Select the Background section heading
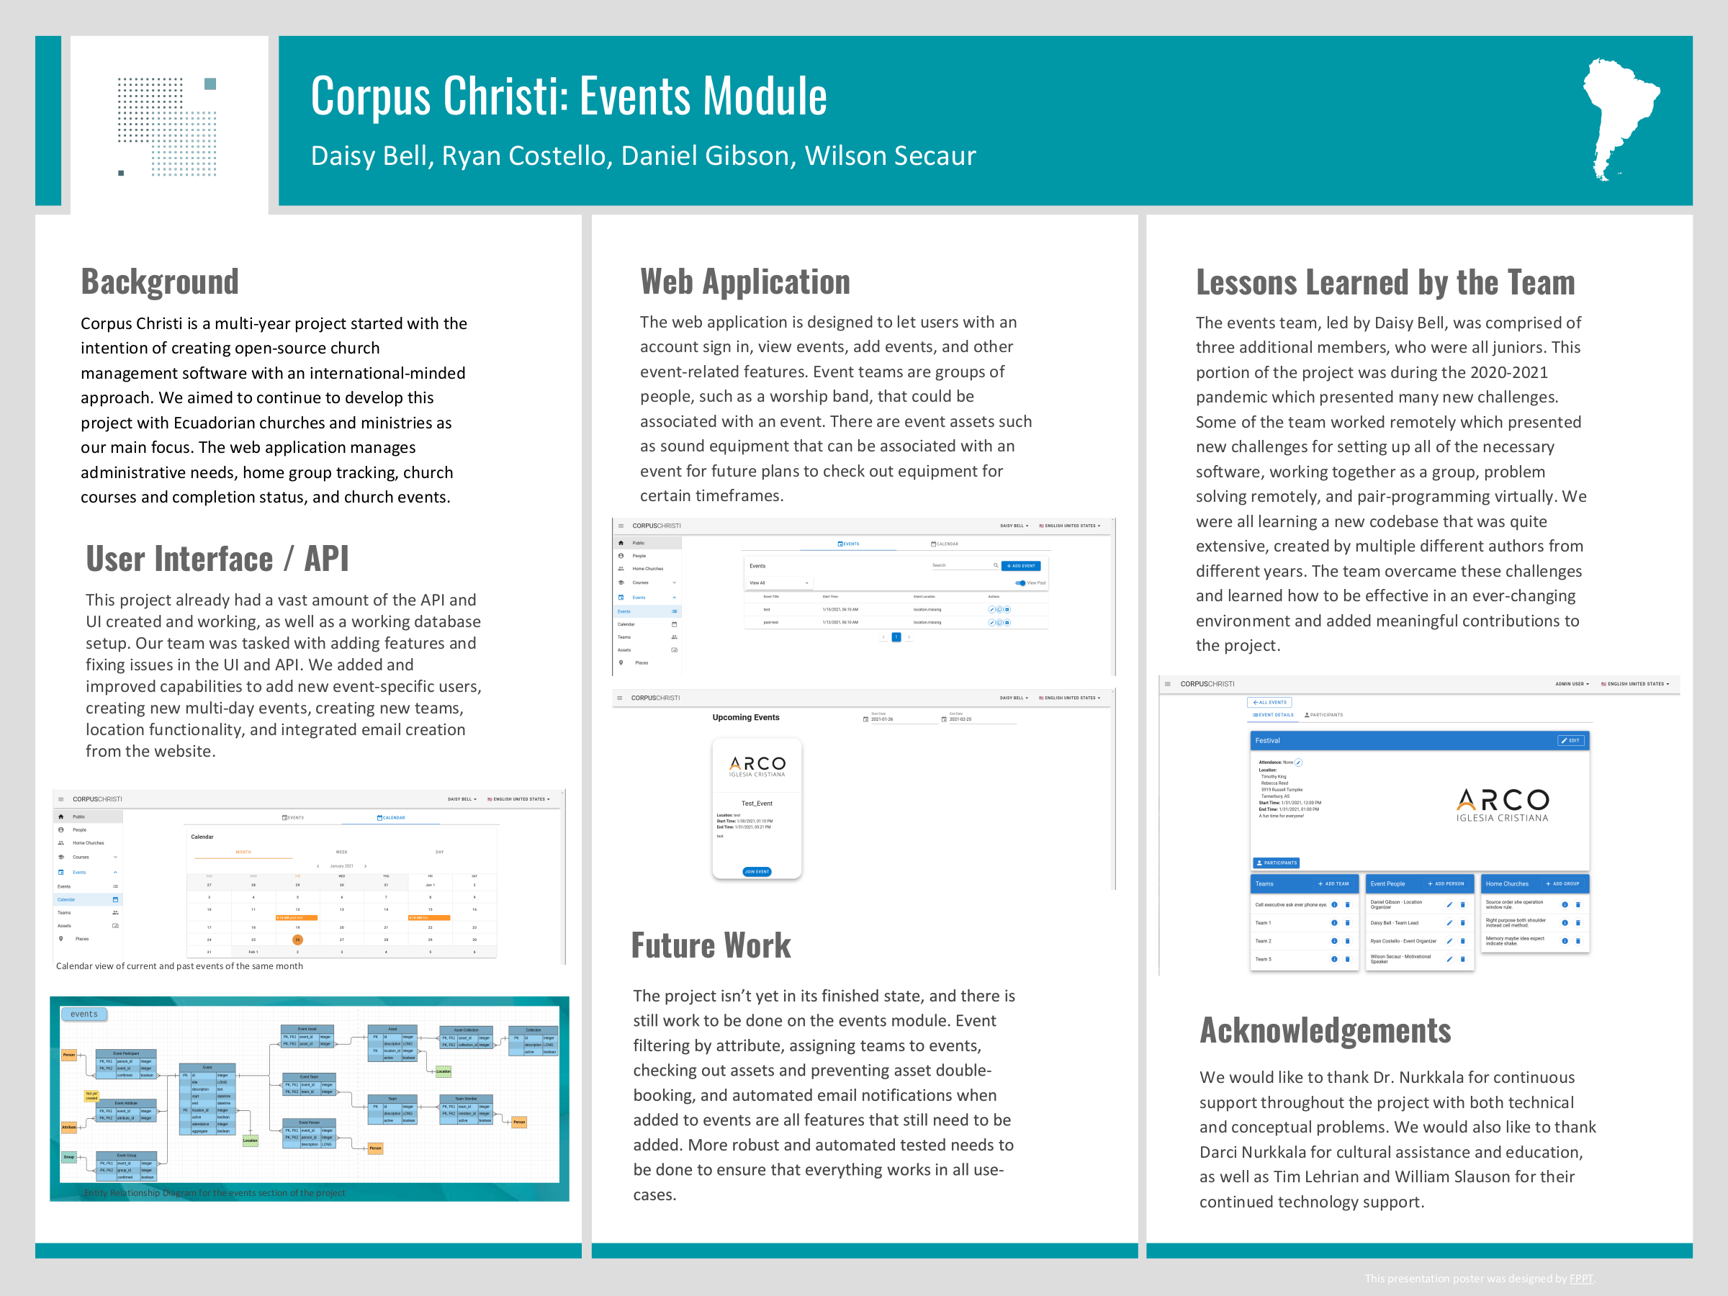click(x=159, y=282)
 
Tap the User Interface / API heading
click(x=217, y=559)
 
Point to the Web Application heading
click(x=744, y=282)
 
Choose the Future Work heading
click(x=710, y=945)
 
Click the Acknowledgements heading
click(x=1325, y=1030)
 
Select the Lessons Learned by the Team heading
click(x=1385, y=283)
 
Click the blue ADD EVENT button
click(x=1020, y=566)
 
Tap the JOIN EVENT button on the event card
click(x=756, y=871)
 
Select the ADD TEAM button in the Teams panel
click(x=1333, y=883)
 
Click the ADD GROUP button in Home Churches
click(x=1562, y=883)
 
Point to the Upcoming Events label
click(x=745, y=717)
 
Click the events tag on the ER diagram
click(x=84, y=1014)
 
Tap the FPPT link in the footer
click(x=1580, y=1278)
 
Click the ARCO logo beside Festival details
click(x=1501, y=806)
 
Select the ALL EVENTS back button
click(x=1269, y=702)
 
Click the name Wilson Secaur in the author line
click(x=890, y=156)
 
